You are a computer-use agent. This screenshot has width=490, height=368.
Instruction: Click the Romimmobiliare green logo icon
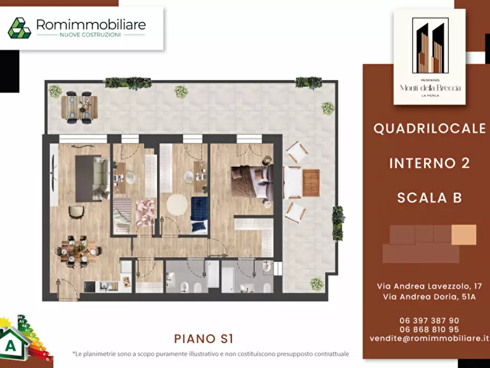[x=19, y=28]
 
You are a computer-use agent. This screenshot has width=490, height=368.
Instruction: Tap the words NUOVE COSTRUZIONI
[x=90, y=35]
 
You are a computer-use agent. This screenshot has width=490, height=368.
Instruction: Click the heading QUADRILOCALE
[x=429, y=129]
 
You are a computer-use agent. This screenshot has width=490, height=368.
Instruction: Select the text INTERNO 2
[x=429, y=163]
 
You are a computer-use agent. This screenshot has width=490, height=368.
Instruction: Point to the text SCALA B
[x=429, y=198]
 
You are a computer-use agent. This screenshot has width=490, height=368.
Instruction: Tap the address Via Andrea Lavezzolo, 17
[x=429, y=286]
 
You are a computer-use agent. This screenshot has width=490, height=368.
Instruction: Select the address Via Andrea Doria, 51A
[x=429, y=297]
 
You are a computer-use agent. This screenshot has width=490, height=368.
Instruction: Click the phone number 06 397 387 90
[x=430, y=321]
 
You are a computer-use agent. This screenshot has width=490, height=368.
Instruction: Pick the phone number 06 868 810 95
[x=430, y=330]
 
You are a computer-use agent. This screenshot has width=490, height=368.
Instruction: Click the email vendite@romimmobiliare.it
[x=429, y=339]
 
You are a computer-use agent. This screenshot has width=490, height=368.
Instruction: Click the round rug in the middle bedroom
[x=177, y=205]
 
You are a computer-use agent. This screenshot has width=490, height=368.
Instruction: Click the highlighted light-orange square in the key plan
[x=464, y=235]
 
